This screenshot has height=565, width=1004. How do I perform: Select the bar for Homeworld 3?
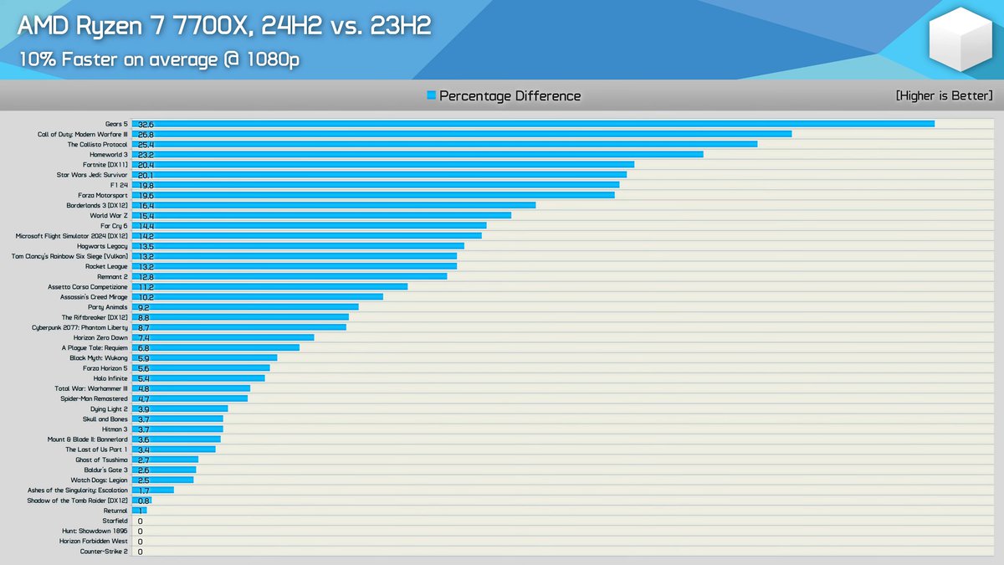(417, 155)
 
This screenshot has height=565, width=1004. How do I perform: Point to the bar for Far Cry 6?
(309, 226)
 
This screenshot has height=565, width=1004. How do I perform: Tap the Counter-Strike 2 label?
(104, 552)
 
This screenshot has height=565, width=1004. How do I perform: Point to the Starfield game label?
(115, 521)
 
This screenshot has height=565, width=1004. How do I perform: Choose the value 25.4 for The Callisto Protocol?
(146, 145)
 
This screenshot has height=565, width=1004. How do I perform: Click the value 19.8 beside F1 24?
(146, 185)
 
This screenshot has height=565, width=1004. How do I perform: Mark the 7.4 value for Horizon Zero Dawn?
(143, 337)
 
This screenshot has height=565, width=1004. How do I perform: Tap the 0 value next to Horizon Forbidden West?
(140, 542)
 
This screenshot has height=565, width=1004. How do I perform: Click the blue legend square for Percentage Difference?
(431, 96)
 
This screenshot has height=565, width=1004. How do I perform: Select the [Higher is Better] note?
(944, 95)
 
